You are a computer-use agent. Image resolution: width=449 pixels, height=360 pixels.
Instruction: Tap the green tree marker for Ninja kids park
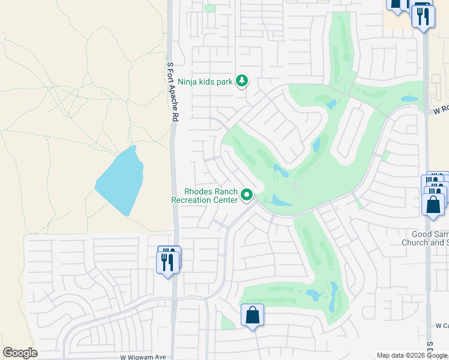tap(241, 80)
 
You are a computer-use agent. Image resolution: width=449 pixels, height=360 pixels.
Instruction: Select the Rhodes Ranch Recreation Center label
tap(205, 196)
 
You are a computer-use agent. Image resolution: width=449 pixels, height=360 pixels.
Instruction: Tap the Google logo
tap(20, 353)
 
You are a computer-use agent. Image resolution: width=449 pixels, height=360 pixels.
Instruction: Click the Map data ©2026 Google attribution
tap(412, 355)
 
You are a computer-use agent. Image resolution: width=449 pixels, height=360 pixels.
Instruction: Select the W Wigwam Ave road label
tap(143, 356)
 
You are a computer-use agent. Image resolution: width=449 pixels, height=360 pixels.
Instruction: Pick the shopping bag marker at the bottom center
tap(253, 316)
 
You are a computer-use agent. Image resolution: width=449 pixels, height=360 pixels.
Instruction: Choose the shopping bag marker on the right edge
tap(433, 204)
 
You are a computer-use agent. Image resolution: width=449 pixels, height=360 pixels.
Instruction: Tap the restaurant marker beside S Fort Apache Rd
tap(167, 262)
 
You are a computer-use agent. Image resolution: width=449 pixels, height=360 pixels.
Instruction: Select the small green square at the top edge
tap(209, 8)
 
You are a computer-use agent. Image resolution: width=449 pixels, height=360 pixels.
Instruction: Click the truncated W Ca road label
tap(442, 326)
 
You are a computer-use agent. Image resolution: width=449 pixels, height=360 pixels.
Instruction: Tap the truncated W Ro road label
tap(441, 111)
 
